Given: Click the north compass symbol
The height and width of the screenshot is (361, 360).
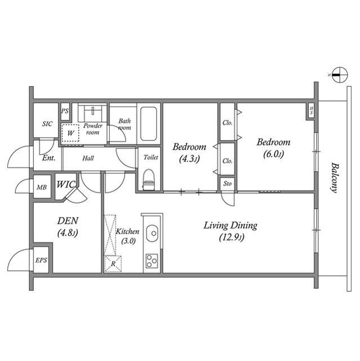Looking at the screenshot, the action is pos(340,75).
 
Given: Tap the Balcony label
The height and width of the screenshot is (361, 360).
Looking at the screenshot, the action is pos(335,178).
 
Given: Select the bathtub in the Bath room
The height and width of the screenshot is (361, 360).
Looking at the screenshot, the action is pos(149,124).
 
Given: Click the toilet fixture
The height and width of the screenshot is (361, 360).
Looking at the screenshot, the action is pos(148,180).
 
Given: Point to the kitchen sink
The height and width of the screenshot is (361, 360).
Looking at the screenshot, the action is pos(152,233).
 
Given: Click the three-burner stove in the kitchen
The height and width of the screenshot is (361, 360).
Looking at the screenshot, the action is pos(152,261).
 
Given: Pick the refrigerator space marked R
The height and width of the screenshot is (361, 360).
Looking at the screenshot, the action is pos(113,264).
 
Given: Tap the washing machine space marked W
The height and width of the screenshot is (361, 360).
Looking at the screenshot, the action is pos(70,133).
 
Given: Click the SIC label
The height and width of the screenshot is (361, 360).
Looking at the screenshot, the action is pos(47,124).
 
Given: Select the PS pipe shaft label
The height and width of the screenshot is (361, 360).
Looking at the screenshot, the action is pos(65,111).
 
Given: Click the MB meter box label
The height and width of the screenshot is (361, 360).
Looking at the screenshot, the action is pos(42,187).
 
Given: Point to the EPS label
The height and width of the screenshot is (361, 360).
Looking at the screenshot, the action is pos(41,261).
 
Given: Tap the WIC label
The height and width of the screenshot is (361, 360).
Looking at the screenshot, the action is pos(66,184).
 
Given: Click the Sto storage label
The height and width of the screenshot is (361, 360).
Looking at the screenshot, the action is pos(228,183).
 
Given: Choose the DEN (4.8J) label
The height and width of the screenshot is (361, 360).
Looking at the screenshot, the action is pos(68,227).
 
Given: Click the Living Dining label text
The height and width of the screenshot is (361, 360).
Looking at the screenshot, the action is pos(230,226).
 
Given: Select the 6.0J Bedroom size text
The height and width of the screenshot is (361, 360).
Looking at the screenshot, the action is pos(273,154).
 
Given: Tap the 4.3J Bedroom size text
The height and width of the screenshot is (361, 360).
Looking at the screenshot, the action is pos(189,159).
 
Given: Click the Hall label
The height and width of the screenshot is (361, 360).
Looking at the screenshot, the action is pos(88,158).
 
